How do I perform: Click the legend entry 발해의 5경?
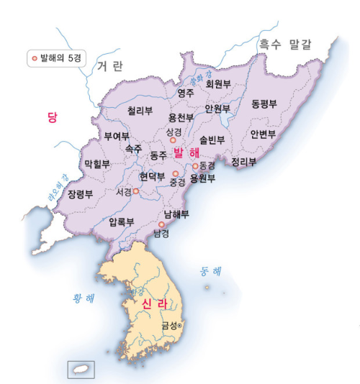pos(53,57)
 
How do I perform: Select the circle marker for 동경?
pos(194,166)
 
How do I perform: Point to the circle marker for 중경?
pos(175,173)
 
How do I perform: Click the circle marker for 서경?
pos(135,191)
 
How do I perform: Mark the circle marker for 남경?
pos(161,224)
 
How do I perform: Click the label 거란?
pos(109,66)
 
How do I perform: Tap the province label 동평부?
pos(264,104)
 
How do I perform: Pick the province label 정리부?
pos(243,162)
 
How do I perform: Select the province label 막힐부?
pos(97,164)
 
